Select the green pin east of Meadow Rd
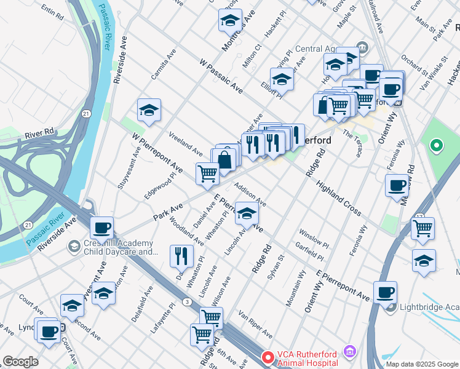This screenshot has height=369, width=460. (x=437, y=146)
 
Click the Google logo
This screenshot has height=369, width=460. (x=20, y=362)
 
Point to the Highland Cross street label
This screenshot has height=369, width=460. (x=338, y=197)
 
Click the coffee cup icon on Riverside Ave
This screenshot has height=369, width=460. (x=102, y=228)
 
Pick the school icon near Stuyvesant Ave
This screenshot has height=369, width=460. (x=149, y=110)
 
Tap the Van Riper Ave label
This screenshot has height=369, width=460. (x=255, y=325)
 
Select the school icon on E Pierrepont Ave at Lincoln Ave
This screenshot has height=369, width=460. (x=247, y=213)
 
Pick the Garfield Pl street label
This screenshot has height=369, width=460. (x=309, y=252)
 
